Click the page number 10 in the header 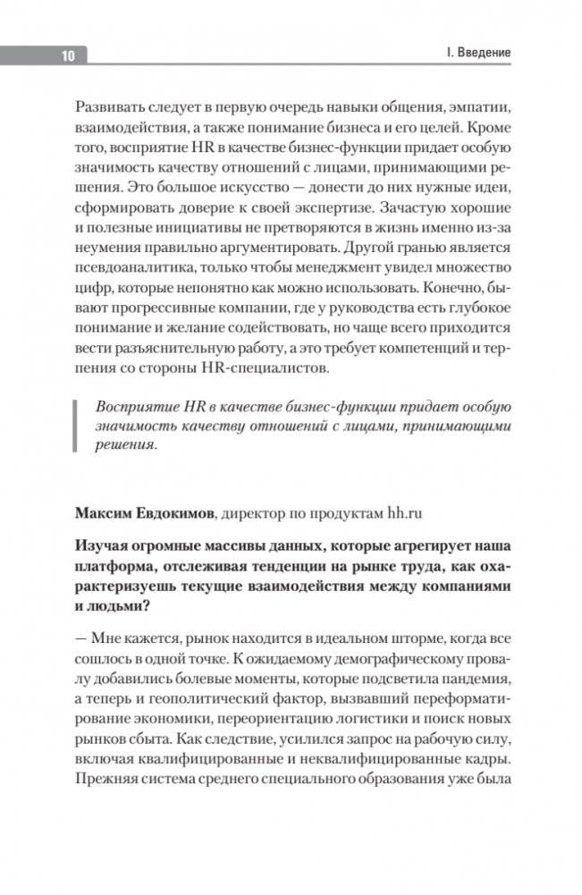click(x=67, y=55)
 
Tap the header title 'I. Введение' click(x=478, y=53)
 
